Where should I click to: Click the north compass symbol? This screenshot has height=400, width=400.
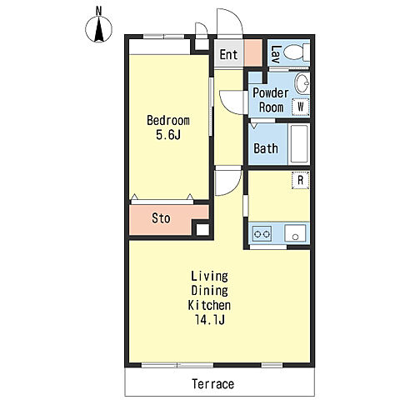pos(98,29)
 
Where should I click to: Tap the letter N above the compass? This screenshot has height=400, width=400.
pos(98,11)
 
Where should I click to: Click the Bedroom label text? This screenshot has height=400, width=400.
pos(168,121)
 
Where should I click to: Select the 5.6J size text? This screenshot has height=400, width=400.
pos(168,135)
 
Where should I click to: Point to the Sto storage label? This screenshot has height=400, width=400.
pos(161,218)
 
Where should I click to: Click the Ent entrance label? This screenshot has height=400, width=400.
pos(228,54)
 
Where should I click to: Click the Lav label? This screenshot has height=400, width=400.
pos(277,54)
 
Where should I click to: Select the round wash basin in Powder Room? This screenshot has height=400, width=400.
pos(302,83)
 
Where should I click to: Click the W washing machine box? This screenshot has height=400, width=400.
pos(301,107)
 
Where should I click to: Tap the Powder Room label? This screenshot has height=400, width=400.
pos(271,100)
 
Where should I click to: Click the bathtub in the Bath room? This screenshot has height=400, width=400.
pos(299,143)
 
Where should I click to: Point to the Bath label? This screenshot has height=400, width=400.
pos(266,148)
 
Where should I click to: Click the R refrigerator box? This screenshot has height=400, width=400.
pos(301,180)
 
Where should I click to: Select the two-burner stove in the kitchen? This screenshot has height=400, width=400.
pos(262,234)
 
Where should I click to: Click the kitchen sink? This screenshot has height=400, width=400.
pos(295,233)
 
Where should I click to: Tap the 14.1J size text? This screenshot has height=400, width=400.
pos(210,320)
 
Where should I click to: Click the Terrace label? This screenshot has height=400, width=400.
pos(213,384)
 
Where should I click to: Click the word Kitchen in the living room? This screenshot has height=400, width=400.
pos(209,305)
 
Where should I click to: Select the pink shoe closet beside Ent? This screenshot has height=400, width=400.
pos(253,52)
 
